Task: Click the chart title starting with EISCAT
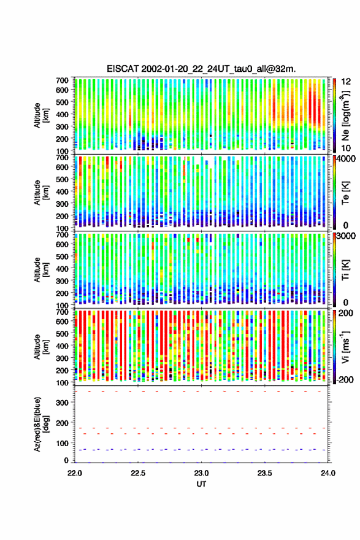201,69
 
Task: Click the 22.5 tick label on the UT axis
138,473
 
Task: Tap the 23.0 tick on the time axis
201,473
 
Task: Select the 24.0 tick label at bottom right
328,473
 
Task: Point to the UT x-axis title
201,484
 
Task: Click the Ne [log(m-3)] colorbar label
345,116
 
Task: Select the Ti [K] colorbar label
345,269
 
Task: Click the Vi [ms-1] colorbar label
345,347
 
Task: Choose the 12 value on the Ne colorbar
345,82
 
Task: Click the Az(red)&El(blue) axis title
41,424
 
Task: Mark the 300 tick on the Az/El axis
63,403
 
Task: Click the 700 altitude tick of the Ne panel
63,80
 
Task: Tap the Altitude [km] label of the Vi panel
41,347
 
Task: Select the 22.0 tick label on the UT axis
75,473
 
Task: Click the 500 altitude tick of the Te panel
63,179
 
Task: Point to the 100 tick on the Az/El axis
63,443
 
